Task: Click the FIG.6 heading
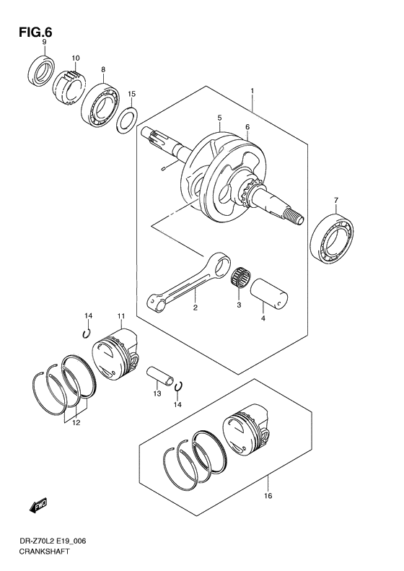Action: (35, 32)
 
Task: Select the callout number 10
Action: (75, 58)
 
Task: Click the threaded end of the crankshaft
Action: (294, 219)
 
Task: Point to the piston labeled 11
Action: (115, 354)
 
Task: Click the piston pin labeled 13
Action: (159, 376)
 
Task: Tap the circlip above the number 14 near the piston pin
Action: (178, 387)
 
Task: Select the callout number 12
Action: (76, 423)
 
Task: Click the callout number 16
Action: (268, 496)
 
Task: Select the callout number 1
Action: (252, 91)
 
